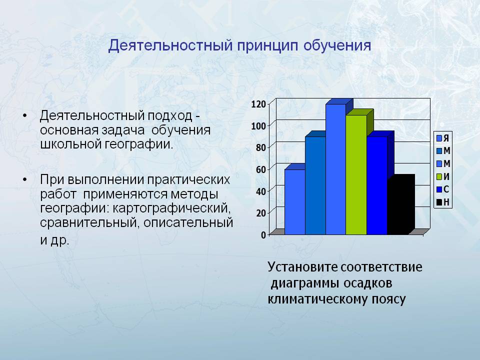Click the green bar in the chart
[356, 174]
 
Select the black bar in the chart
[401, 204]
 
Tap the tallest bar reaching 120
[336, 169]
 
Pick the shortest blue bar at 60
[295, 201]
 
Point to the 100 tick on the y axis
[258, 126]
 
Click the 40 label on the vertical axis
[260, 191]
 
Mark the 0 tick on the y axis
[263, 235]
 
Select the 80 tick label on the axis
[260, 147]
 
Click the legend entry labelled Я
[443, 138]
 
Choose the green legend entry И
[443, 176]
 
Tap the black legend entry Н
[443, 202]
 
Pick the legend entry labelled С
[443, 189]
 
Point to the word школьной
[70, 144]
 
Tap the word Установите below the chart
[303, 267]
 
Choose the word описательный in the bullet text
[188, 222]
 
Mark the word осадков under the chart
[367, 283]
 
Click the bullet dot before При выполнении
[25, 179]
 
